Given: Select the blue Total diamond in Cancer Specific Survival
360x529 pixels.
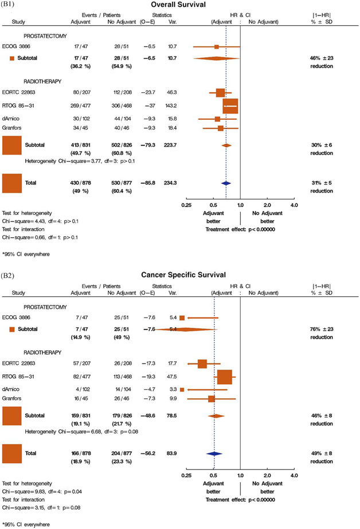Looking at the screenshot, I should (x=214, y=453).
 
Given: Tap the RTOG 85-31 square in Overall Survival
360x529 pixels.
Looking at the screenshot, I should (x=230, y=107).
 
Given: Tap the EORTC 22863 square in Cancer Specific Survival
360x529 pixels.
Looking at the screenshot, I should (x=202, y=363).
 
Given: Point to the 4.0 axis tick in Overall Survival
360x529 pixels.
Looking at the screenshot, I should (x=294, y=204).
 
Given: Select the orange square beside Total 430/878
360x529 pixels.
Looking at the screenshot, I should (x=11, y=183).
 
